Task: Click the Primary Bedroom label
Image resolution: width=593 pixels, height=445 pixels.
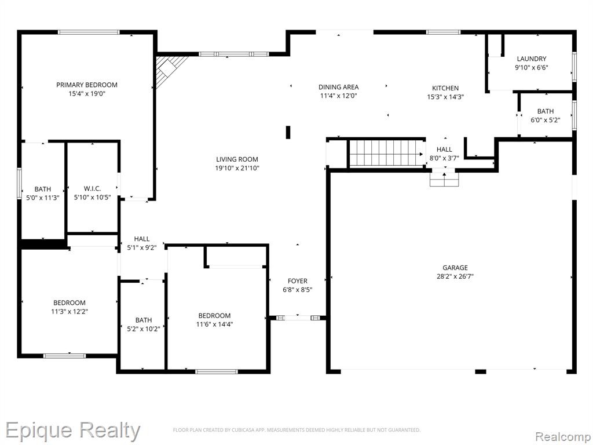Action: tap(87, 85)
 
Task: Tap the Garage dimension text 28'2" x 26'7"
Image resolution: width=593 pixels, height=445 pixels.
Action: tap(455, 276)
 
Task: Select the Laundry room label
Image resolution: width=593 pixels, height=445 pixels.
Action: tap(532, 59)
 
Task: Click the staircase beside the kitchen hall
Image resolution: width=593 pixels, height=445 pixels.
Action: tap(386, 153)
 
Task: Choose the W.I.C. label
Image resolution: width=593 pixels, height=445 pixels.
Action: tap(92, 188)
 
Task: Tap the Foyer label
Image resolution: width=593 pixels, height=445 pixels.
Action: tap(298, 281)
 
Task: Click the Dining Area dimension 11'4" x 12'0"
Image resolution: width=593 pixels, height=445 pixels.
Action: tap(338, 96)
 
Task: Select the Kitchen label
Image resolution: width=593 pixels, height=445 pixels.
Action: tap(445, 88)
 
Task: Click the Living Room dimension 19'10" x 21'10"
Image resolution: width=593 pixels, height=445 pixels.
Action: tap(237, 168)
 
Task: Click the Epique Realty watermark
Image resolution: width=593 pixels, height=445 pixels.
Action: tap(72, 431)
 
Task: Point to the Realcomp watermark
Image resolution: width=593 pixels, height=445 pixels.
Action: tap(563, 436)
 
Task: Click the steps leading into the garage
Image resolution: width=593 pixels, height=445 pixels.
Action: tap(444, 180)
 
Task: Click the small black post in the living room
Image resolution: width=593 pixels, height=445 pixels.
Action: tap(288, 133)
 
